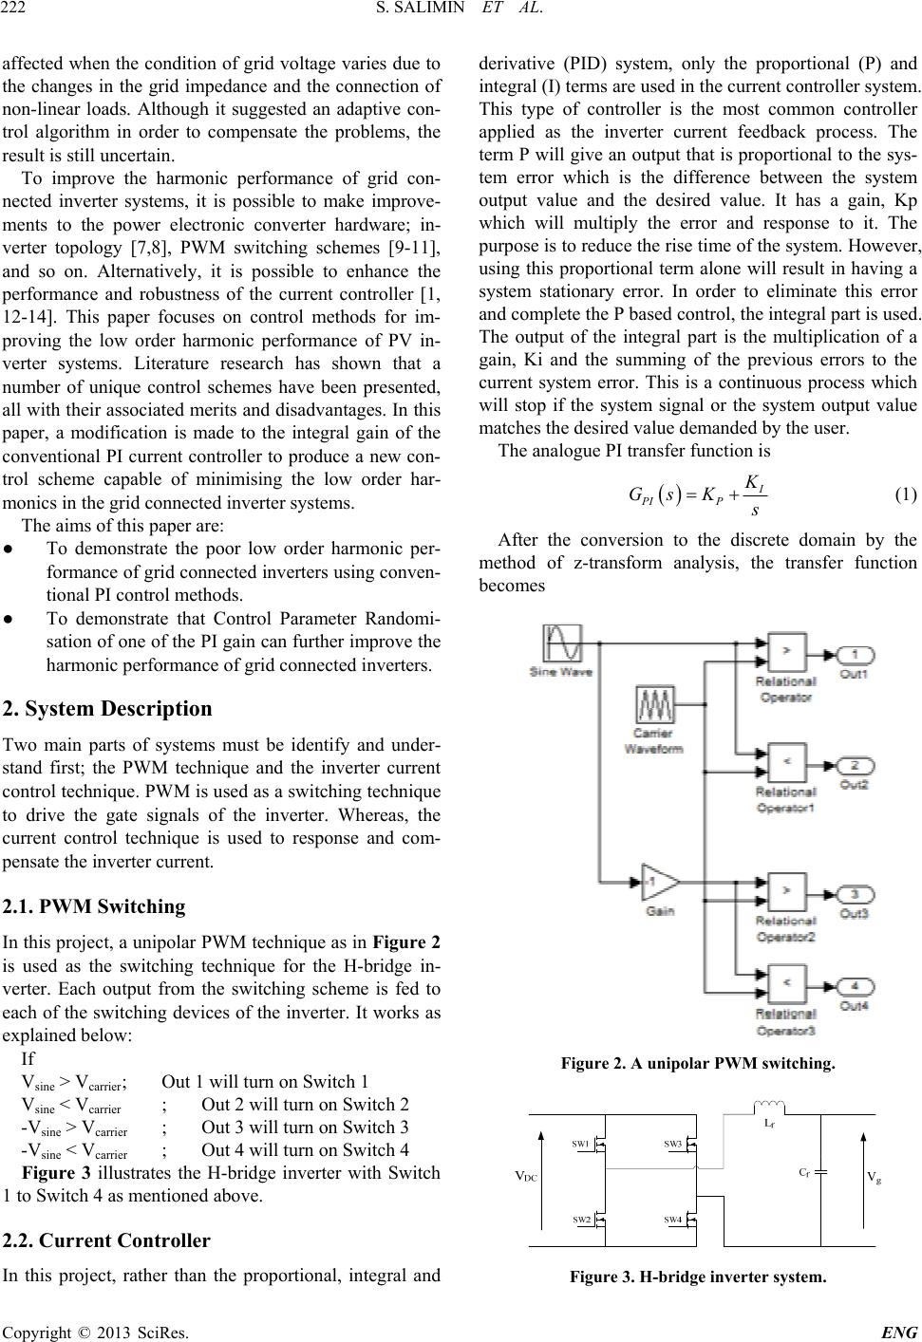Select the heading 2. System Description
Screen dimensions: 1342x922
coord(108,709)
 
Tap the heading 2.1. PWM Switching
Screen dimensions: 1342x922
coord(94,906)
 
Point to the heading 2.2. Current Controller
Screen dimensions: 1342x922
coord(106,1240)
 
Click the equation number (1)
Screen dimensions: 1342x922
coord(906,494)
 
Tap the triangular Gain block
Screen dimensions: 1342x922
coord(659,885)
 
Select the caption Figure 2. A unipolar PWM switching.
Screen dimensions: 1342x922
coord(698,1063)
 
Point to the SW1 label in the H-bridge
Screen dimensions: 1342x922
coord(580,1144)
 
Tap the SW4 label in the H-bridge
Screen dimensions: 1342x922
coord(672,1218)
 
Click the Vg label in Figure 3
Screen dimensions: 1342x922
coord(874,1177)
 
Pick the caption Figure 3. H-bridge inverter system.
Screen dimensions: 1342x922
coord(698,1277)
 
